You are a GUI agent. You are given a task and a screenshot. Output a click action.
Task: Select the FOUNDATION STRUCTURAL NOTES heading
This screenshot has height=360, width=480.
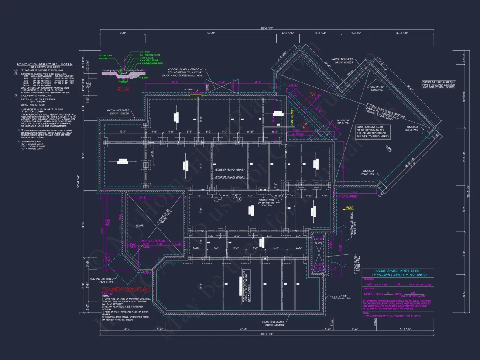coord(45,64)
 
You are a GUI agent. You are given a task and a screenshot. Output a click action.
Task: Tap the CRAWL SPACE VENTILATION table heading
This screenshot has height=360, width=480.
coord(398,272)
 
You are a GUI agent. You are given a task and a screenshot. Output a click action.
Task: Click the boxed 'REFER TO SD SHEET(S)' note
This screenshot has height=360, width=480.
coord(439,84)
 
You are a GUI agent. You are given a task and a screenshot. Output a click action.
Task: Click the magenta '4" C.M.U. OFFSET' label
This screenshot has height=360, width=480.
coord(348,196)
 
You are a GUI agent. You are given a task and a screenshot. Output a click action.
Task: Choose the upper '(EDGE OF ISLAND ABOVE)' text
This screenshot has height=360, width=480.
coord(230,170)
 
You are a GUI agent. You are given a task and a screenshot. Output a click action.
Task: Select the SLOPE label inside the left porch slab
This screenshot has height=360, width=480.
coord(140,226)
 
